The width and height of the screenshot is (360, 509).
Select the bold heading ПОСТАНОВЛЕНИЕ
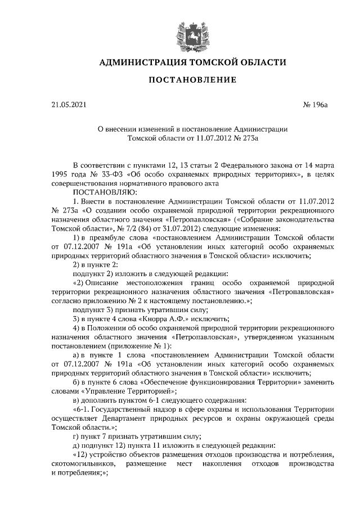[x=192, y=80]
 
